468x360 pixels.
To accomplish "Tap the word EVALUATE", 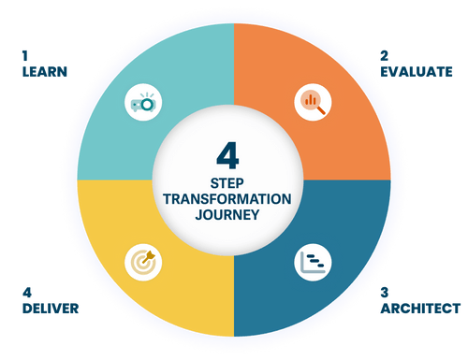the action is [417, 71].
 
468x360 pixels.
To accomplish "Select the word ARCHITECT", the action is [420, 307].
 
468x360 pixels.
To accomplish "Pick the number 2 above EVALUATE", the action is [384, 56].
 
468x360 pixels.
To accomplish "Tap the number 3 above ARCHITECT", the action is [384, 292].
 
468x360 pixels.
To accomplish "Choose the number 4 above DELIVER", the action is [25, 292].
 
